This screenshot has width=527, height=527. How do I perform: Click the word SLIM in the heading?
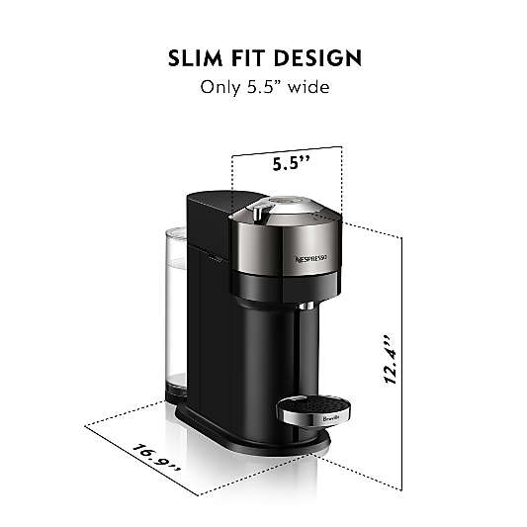(195, 58)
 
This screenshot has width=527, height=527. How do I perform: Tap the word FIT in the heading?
(248, 58)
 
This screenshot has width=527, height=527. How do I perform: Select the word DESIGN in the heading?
(317, 58)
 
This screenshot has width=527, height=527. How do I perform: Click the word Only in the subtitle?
(220, 87)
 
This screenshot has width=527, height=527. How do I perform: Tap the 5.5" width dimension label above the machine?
(291, 164)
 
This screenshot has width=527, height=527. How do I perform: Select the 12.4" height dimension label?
(391, 359)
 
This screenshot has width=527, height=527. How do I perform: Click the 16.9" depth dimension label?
(156, 458)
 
